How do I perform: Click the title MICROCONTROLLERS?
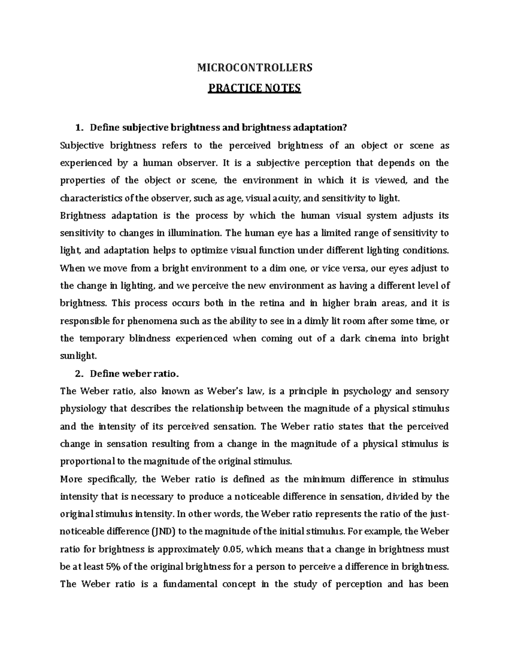[255, 67]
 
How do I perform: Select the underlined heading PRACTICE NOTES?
[254, 88]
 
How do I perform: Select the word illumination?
[195, 233]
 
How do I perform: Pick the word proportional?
[88, 462]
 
